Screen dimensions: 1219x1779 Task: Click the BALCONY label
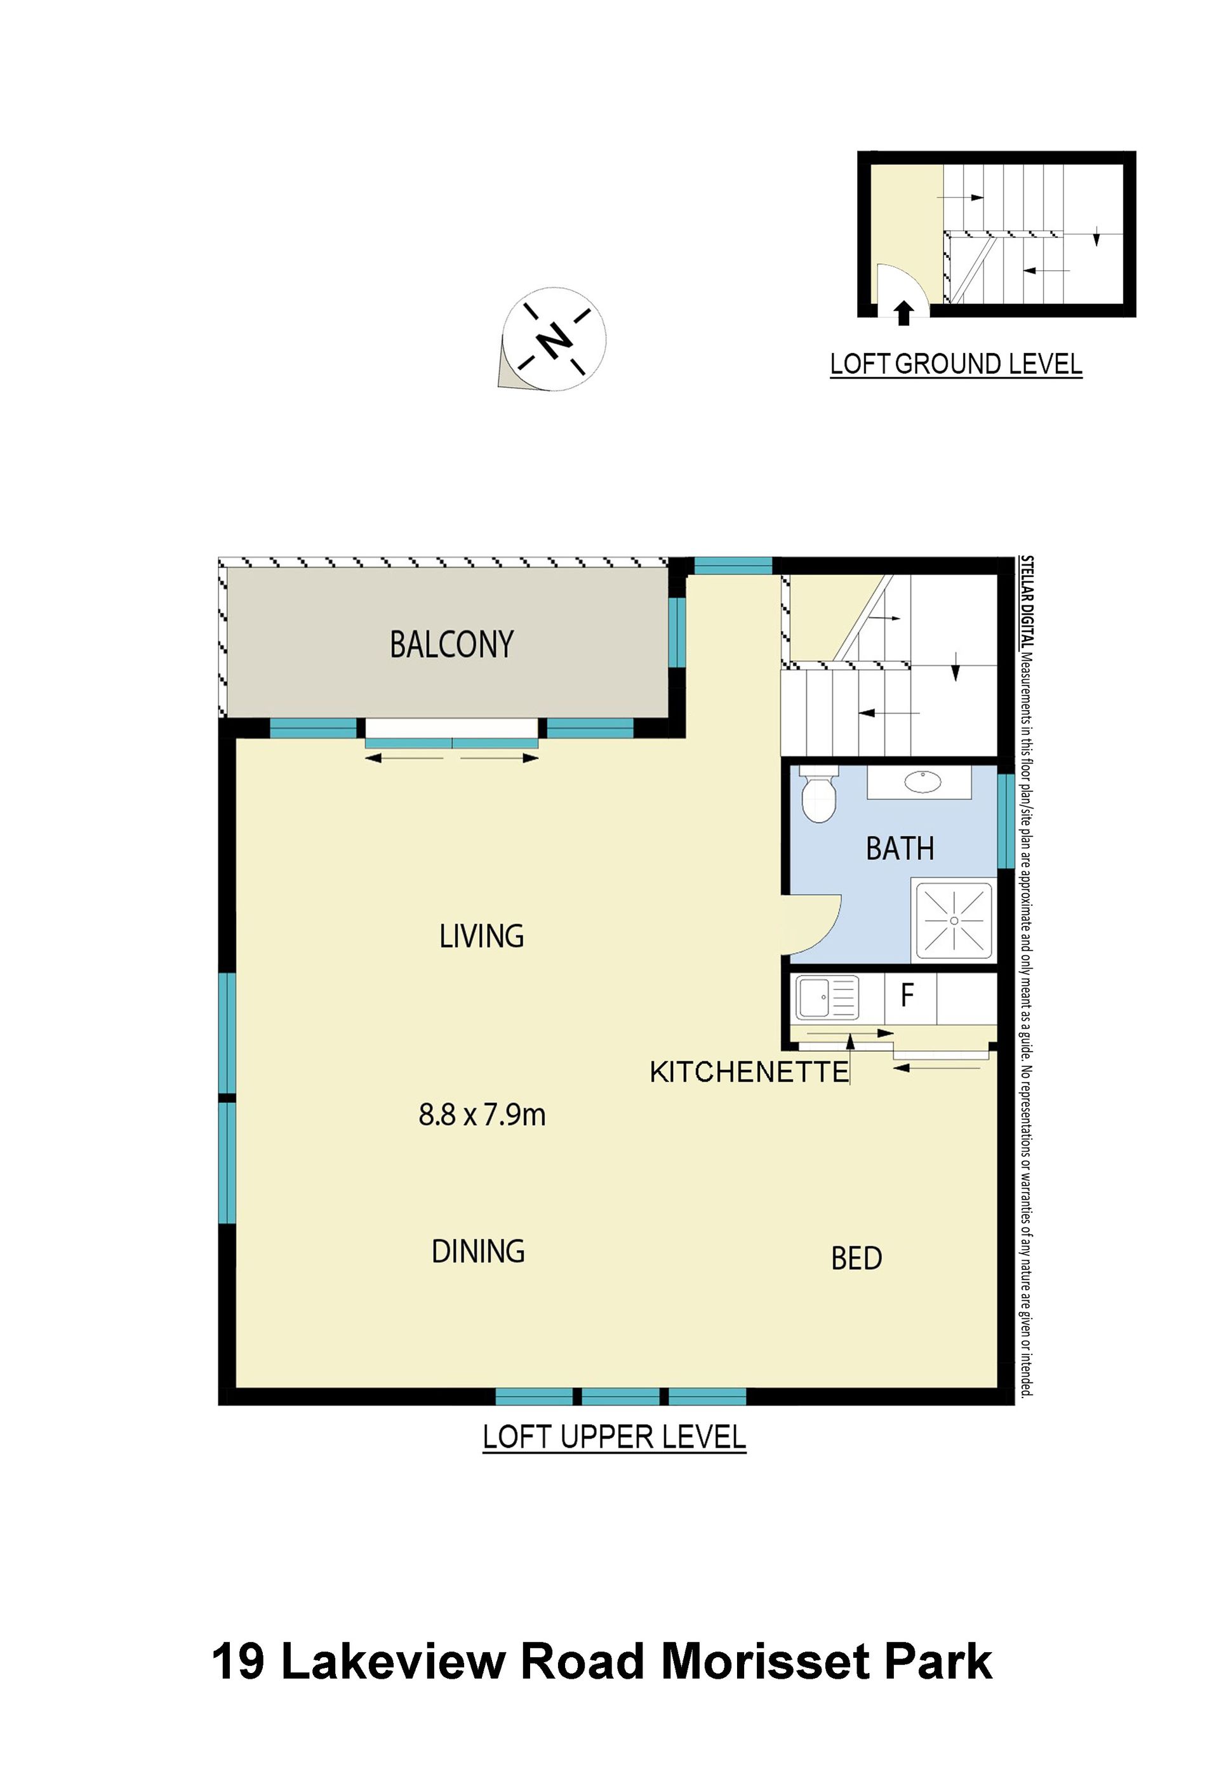click(452, 645)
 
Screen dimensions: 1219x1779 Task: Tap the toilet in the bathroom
click(818, 795)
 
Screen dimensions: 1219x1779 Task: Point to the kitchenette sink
click(827, 998)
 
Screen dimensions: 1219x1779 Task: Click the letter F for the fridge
click(907, 995)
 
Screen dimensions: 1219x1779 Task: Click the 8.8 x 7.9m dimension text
click(482, 1114)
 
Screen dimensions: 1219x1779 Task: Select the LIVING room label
click(482, 936)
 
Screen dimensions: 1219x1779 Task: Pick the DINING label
click(479, 1252)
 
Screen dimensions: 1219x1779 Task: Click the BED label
click(857, 1259)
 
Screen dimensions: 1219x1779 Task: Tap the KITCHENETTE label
click(750, 1073)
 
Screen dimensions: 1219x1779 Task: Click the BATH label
click(900, 849)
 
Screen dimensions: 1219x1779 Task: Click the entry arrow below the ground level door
click(904, 313)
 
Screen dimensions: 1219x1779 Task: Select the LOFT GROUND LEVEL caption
click(956, 364)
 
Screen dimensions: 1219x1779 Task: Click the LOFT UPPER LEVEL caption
click(614, 1438)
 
